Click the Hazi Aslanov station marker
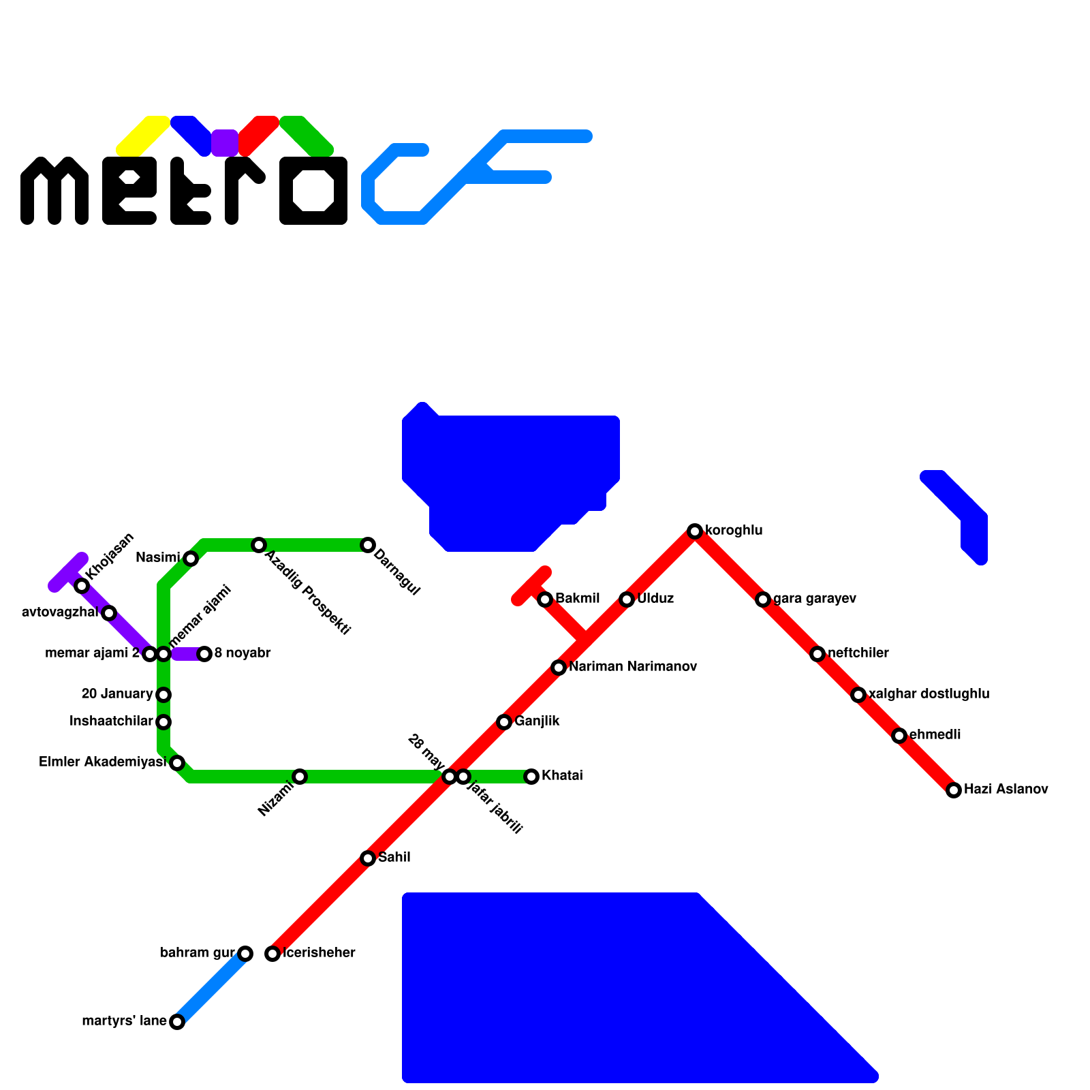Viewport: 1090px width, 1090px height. point(954,790)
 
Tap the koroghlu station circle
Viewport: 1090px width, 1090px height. point(695,531)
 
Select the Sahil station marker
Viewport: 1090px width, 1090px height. point(368,858)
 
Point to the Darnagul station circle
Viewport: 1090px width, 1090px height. point(368,545)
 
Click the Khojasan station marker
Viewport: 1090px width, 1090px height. point(82,586)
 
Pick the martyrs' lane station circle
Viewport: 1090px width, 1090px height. point(177,1022)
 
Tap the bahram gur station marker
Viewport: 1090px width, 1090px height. point(245,954)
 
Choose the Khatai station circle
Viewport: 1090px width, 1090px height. point(531,777)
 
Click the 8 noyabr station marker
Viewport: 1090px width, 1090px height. point(204,654)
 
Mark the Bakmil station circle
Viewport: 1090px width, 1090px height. point(545,599)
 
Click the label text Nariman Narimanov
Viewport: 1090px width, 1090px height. point(633,667)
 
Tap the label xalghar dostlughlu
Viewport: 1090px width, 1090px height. point(929,694)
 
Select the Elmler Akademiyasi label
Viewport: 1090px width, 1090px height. point(103,762)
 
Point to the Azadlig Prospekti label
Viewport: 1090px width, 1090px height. point(307,593)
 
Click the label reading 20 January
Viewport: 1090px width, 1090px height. point(116,694)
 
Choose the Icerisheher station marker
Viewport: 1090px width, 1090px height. point(272,954)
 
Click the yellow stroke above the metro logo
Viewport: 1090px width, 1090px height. point(143,136)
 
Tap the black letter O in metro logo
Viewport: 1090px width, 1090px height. point(313,191)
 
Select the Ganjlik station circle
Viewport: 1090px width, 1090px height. point(504,722)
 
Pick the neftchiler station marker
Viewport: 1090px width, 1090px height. point(817,654)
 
